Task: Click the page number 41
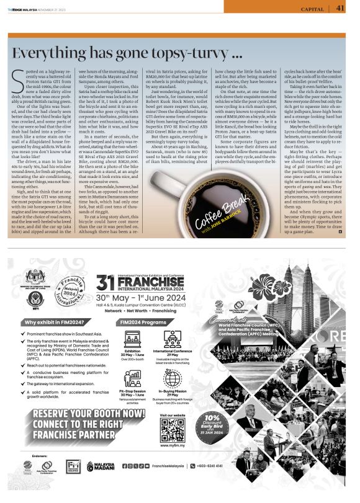click(340, 8)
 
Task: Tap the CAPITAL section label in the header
click(312, 9)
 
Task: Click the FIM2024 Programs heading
click(144, 323)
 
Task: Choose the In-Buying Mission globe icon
click(174, 379)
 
